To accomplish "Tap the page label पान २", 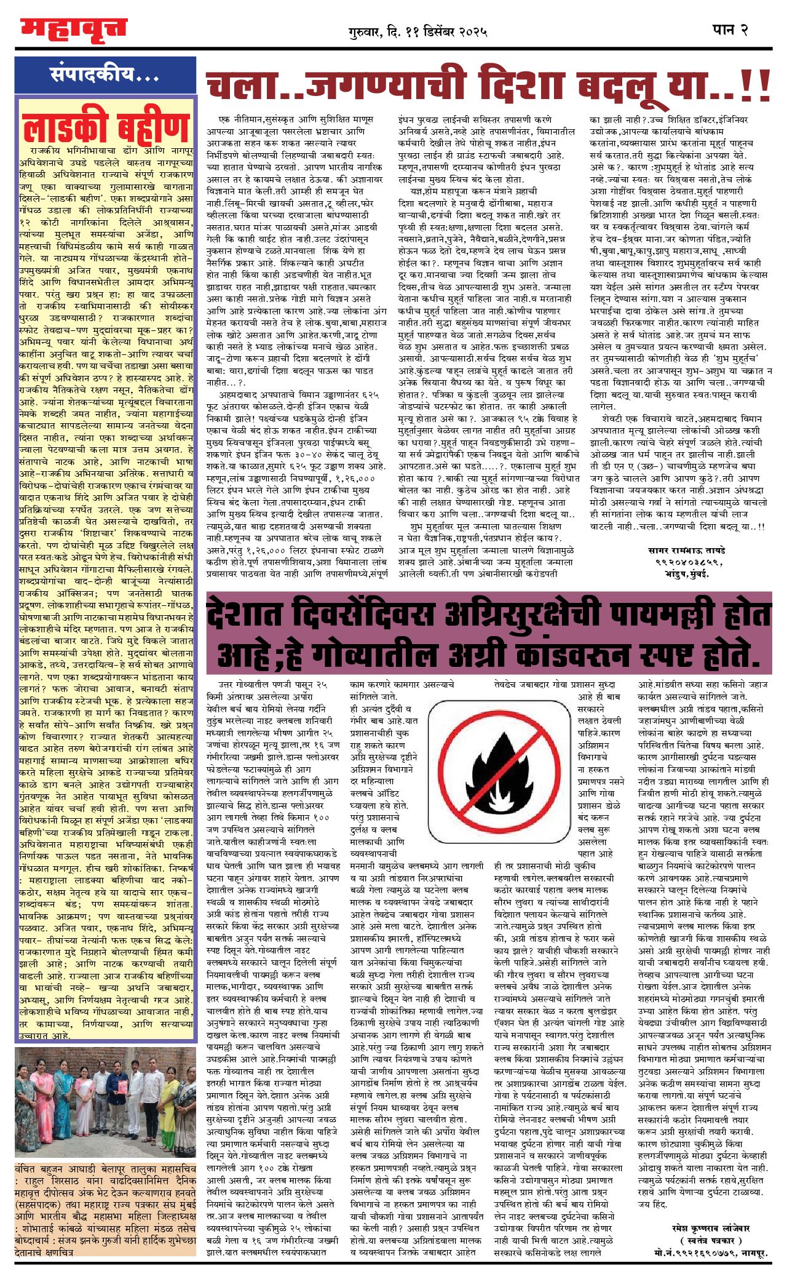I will coord(730,30).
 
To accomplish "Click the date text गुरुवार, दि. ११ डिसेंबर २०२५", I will coord(417,31).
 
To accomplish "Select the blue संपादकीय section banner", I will coord(105,75).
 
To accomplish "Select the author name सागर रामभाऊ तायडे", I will coord(686,551).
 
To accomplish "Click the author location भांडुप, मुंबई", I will coord(686,574).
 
